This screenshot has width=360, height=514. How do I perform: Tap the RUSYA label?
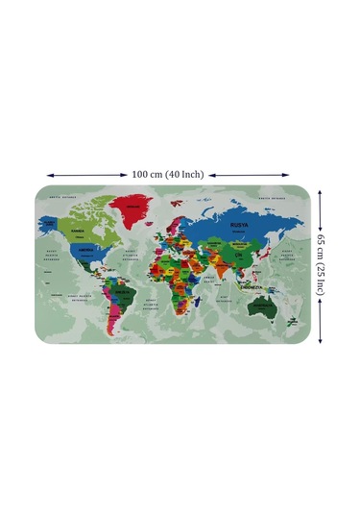[x=239, y=223]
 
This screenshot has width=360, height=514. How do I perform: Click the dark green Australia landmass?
[x=260, y=306]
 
